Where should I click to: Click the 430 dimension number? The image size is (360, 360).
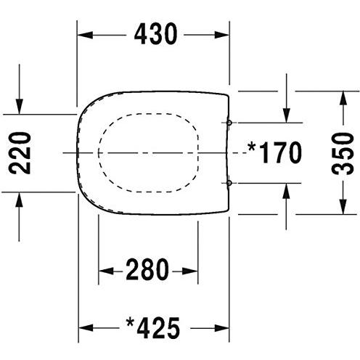tap(155, 34)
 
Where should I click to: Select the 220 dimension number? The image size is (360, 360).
tap(20, 153)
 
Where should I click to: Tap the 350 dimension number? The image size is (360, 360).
tap(343, 153)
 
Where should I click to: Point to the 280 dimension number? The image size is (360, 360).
tap(147, 269)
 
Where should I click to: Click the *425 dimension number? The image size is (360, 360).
tap(153, 328)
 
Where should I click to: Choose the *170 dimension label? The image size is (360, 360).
tap(274, 152)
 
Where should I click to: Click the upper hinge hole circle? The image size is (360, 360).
tap(229, 123)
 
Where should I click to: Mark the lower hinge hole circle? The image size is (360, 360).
tap(229, 183)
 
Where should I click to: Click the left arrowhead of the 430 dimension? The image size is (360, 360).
tap(85, 35)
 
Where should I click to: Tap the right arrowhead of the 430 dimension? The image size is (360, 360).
tap(221, 35)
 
